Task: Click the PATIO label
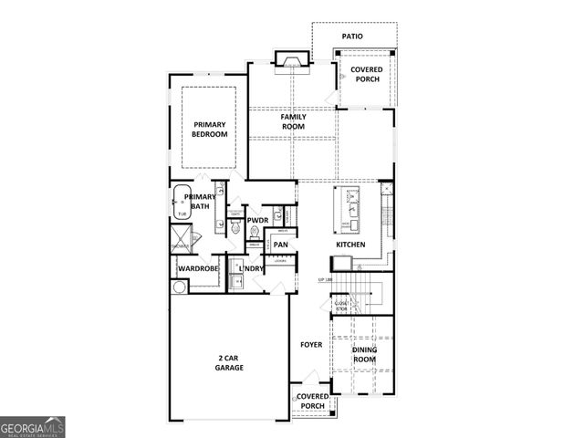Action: point(353,36)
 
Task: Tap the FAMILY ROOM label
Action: point(293,121)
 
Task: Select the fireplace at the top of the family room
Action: point(293,62)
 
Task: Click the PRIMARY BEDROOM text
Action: point(209,129)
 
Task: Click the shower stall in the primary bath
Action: point(180,241)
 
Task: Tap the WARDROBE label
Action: point(196,268)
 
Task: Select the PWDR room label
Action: point(257,220)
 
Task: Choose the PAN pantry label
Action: point(281,245)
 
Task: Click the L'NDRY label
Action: point(252,268)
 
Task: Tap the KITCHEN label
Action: point(350,245)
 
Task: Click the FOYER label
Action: point(312,345)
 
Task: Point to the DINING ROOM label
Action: point(365,354)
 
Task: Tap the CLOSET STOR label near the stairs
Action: point(340,306)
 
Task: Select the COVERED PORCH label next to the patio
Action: point(366,74)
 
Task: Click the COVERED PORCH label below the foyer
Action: point(312,401)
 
